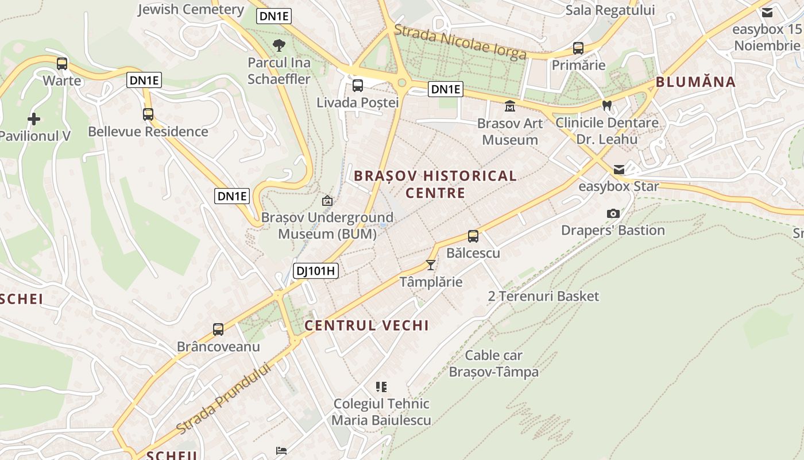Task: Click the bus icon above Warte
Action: pos(62,64)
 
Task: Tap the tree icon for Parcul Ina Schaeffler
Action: pos(279,45)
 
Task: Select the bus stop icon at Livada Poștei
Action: pos(358,86)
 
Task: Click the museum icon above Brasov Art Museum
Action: pos(509,106)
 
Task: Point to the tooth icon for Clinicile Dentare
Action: pos(607,106)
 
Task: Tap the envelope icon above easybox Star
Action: pos(619,170)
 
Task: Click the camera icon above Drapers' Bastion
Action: pos(613,213)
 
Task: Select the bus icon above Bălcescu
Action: pos(473,236)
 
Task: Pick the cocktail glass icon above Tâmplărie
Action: pos(431,265)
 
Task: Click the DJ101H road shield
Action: pos(316,271)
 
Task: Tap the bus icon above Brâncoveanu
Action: pos(218,329)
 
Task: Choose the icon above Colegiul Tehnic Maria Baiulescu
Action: pos(381,387)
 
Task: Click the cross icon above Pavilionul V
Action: pos(34,119)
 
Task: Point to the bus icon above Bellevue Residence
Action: pos(148,114)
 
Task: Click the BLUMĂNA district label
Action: pos(695,82)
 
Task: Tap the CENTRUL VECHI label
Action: pos(366,325)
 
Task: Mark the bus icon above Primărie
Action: pos(578,48)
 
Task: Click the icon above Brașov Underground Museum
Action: pos(327,201)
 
